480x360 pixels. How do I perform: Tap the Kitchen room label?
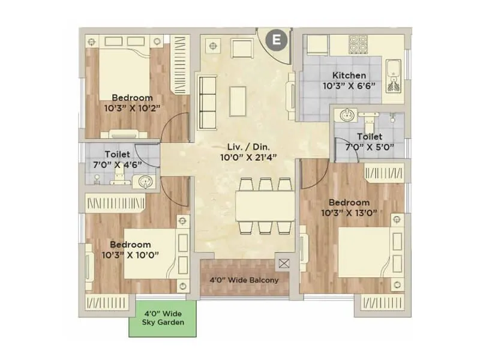349,76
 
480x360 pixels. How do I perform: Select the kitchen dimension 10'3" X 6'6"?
349,86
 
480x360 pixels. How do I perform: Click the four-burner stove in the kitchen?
358,43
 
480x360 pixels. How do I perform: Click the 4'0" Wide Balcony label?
244,280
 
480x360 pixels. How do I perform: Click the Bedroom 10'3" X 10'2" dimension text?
132,108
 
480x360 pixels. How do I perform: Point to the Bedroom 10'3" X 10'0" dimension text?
130,255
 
